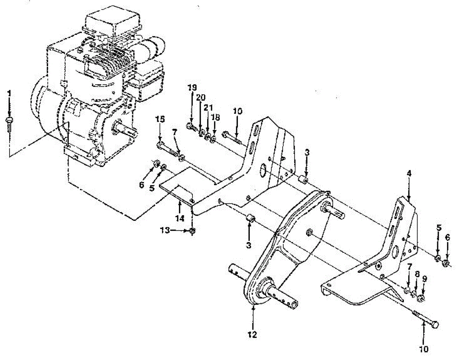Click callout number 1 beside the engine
[x=10, y=93]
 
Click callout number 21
[x=208, y=108]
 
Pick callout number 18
[x=214, y=117]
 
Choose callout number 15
[x=160, y=119]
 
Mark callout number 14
[x=180, y=218]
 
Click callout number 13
[x=165, y=230]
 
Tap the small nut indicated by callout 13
[x=192, y=230]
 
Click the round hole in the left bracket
[x=264, y=169]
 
